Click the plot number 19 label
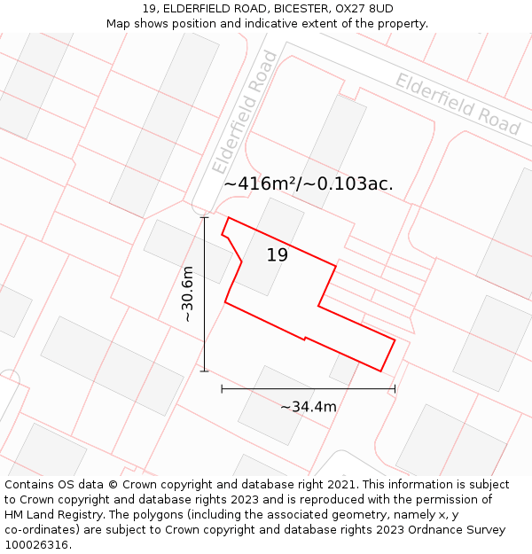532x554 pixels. tap(278, 255)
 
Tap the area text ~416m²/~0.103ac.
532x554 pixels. tap(309, 183)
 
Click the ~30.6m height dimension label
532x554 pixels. tap(187, 295)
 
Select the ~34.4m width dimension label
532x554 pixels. tap(309, 407)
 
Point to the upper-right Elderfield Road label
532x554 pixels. tap(458, 104)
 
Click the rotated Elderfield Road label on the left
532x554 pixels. tap(246, 113)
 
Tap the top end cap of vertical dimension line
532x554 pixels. tap(205, 217)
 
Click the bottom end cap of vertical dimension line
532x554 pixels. tap(205, 371)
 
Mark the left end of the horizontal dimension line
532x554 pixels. tap(222, 388)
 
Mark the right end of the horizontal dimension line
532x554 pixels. tap(395, 388)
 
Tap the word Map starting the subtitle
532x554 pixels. tap(120, 24)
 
